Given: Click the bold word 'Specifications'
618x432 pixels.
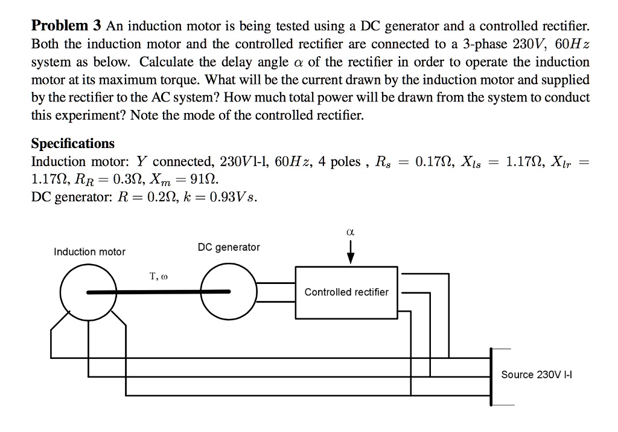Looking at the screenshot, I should tap(72, 144).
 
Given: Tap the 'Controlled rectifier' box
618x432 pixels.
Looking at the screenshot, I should tap(346, 292).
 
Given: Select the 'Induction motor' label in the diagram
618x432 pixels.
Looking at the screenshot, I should tap(90, 251).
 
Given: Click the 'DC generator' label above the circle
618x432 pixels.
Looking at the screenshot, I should tap(229, 247).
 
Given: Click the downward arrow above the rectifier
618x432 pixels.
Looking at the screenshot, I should tap(350, 253).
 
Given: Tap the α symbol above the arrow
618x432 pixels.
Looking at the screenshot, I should tap(350, 231).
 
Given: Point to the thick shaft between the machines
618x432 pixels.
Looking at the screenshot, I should tap(158, 292).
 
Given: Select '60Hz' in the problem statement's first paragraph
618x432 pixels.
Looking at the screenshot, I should tap(570, 44).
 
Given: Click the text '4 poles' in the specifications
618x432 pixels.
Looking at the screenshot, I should tap(340, 162).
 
